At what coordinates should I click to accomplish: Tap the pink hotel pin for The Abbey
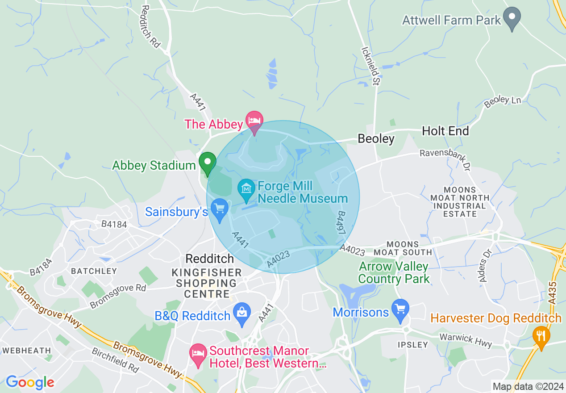(x=254, y=121)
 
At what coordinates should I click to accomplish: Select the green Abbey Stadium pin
(x=207, y=163)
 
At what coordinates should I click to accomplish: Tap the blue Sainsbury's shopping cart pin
(x=219, y=209)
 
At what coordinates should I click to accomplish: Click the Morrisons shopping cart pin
(x=400, y=309)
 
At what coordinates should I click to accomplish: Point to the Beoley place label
(x=376, y=139)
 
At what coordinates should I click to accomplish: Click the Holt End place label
(x=445, y=131)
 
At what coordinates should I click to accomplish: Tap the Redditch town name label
(x=209, y=259)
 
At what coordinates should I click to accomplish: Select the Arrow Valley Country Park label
(x=394, y=273)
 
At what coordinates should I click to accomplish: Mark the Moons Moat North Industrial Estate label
(x=460, y=202)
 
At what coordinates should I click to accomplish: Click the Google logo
(x=30, y=382)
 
